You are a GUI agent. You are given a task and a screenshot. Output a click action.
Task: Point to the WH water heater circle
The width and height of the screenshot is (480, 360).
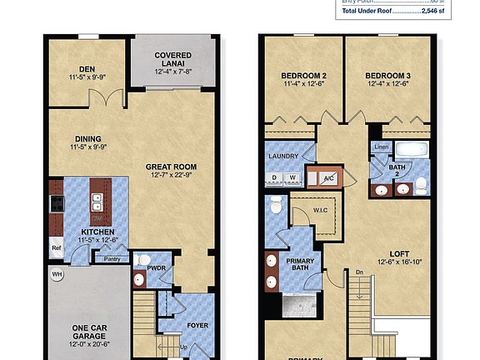click(x=57, y=273)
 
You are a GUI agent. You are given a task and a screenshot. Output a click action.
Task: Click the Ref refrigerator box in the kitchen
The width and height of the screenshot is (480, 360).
click(x=57, y=247)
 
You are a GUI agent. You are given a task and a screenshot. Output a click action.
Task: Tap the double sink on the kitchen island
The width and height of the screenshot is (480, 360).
click(x=97, y=202)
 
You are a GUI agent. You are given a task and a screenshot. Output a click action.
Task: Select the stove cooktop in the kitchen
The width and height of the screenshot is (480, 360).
click(x=57, y=202)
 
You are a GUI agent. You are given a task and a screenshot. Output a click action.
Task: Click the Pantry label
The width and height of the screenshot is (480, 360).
click(x=112, y=259)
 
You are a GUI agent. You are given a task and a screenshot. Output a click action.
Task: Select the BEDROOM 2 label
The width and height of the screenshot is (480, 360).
click(x=303, y=81)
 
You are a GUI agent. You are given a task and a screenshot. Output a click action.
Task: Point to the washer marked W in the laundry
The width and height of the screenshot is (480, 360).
click(x=293, y=177)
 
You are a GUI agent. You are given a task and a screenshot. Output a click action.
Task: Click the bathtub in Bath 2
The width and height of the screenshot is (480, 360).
click(x=410, y=151)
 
